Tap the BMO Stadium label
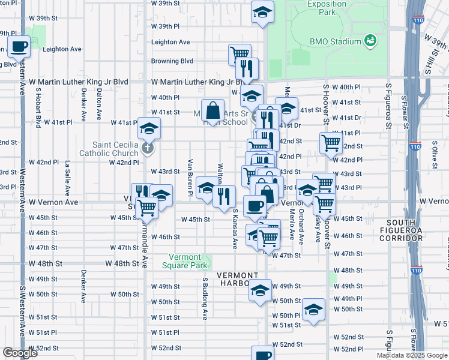[x=335, y=41]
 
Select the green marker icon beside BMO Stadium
[x=371, y=41]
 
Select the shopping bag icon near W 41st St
[x=212, y=110]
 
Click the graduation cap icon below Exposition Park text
[x=262, y=12]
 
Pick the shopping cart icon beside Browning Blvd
[x=239, y=54]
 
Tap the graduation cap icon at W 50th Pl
[x=313, y=310]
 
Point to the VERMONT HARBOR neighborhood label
[x=238, y=279]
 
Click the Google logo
[x=20, y=353]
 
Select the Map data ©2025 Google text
[x=412, y=355]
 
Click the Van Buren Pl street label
[x=190, y=178]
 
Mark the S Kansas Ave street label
[x=235, y=229]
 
